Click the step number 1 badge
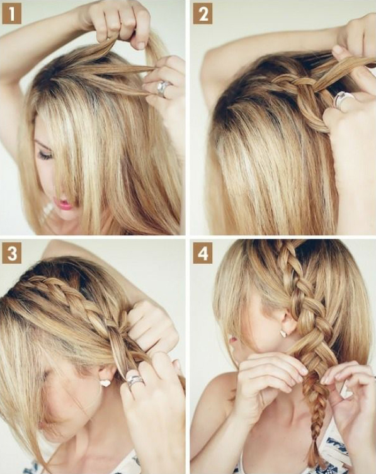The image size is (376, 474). pos(11,14)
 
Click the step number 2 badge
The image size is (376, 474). pos(202,14)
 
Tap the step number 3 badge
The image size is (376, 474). pos(11,253)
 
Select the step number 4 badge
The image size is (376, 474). pos(202,253)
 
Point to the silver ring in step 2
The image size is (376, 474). pos(342,100)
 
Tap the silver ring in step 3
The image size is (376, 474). pos(134,380)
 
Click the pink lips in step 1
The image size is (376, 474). pos(65,204)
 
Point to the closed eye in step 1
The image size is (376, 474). pos(45,155)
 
